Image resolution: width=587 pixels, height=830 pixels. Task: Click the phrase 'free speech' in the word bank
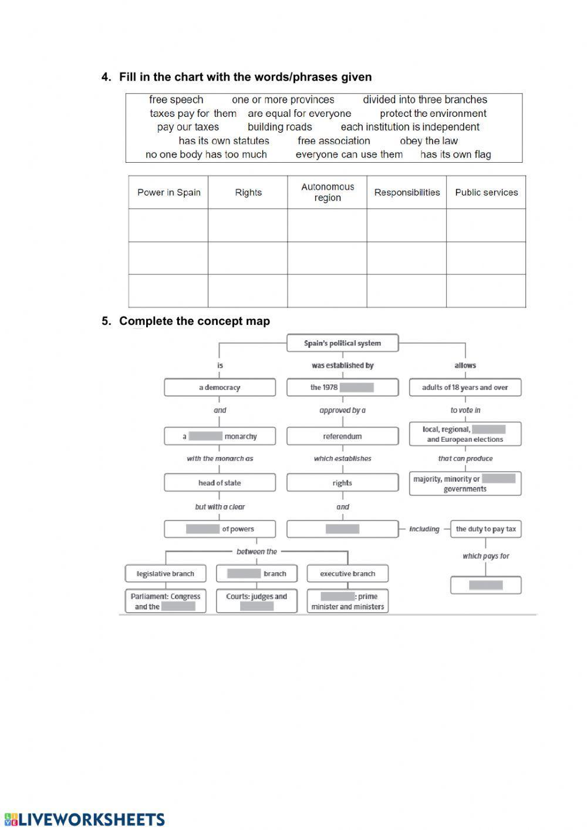tap(176, 100)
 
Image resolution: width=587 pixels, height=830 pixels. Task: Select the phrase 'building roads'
tap(279, 127)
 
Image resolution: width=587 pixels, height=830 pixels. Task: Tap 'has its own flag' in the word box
tap(456, 154)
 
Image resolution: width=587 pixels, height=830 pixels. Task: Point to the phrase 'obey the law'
tap(429, 141)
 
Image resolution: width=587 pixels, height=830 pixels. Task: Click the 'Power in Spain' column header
tap(168, 192)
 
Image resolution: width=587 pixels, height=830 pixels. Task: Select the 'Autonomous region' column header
tap(327, 192)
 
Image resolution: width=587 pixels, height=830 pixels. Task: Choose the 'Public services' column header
tap(486, 192)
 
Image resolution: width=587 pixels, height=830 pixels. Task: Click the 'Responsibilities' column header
tap(407, 192)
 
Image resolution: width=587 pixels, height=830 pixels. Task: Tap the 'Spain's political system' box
tap(342, 343)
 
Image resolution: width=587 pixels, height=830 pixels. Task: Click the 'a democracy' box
tap(220, 388)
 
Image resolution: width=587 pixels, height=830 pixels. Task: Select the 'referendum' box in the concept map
tap(342, 436)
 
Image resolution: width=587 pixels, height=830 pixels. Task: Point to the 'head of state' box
tap(220, 483)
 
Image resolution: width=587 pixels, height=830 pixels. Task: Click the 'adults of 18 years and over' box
tap(465, 388)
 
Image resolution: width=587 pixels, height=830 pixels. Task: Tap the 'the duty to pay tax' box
tap(485, 529)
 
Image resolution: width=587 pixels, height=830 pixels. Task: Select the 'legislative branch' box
tap(165, 574)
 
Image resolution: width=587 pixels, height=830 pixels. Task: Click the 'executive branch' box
tap(348, 574)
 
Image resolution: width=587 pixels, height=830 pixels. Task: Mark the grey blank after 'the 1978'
tap(356, 388)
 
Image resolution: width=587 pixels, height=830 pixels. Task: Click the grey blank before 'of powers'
tap(203, 529)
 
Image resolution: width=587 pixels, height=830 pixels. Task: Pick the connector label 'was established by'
tap(342, 365)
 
